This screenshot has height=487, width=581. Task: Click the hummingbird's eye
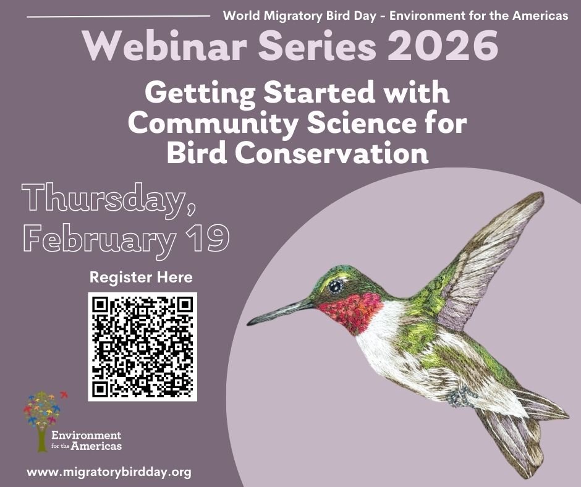[336, 286]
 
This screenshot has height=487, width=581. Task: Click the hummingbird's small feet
[457, 396]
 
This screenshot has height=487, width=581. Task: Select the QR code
[142, 347]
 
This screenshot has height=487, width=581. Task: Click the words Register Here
[141, 276]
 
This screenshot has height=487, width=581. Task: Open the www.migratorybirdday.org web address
[109, 472]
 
